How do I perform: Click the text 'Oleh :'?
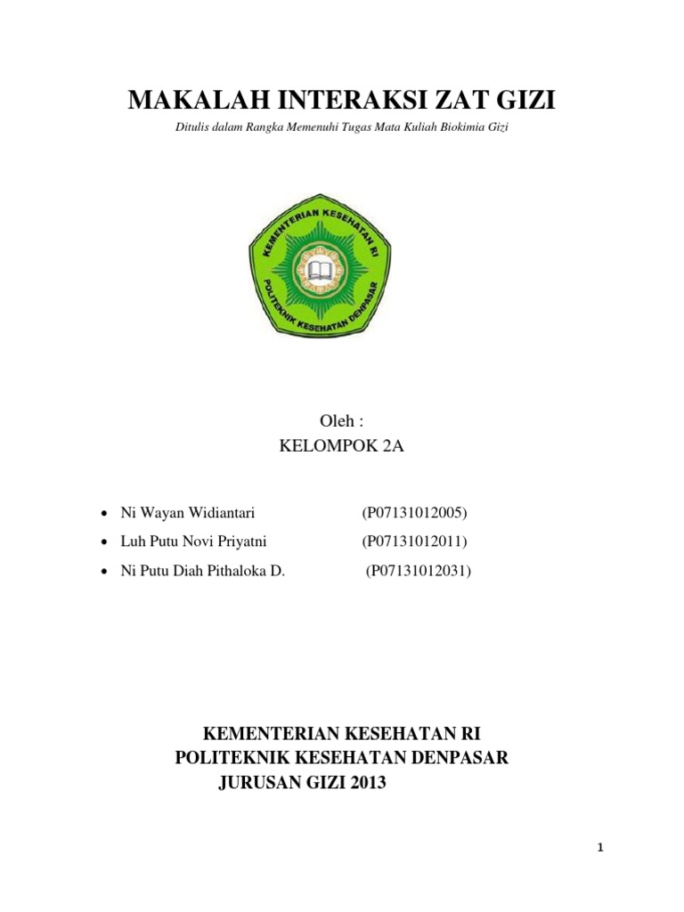click(x=341, y=420)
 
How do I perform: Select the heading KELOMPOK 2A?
click(x=341, y=446)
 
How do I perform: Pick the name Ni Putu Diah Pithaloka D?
click(x=202, y=571)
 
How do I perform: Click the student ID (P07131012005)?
click(x=414, y=513)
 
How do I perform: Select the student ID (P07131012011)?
click(x=414, y=541)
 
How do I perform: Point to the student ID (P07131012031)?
click(x=418, y=571)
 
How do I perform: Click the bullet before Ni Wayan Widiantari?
click(x=105, y=514)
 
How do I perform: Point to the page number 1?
click(x=601, y=848)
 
